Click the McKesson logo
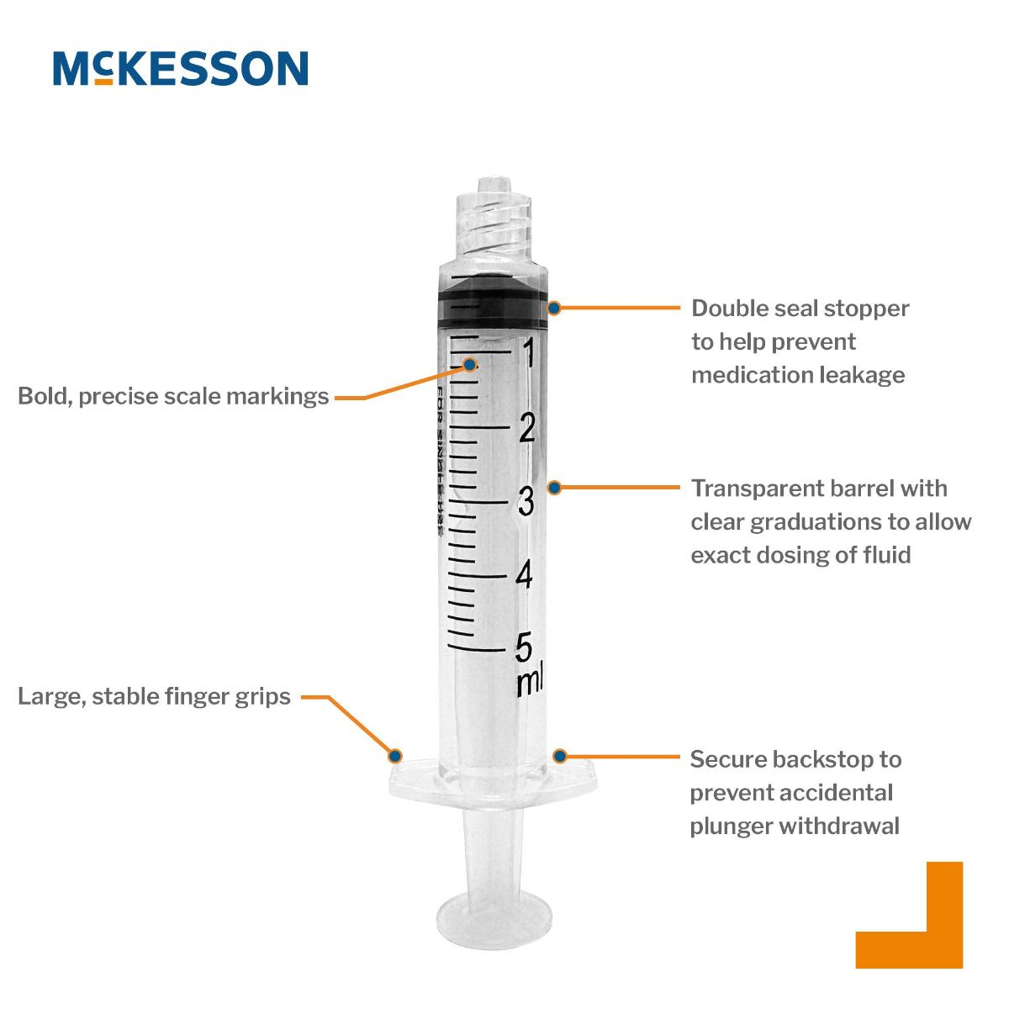[x=181, y=68]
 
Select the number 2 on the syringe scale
[x=527, y=429]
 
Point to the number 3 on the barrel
[x=526, y=502]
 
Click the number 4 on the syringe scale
[x=525, y=576]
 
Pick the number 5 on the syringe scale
[x=524, y=647]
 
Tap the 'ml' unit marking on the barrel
[x=529, y=679]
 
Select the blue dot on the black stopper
[x=554, y=308]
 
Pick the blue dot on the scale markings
[x=470, y=365]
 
